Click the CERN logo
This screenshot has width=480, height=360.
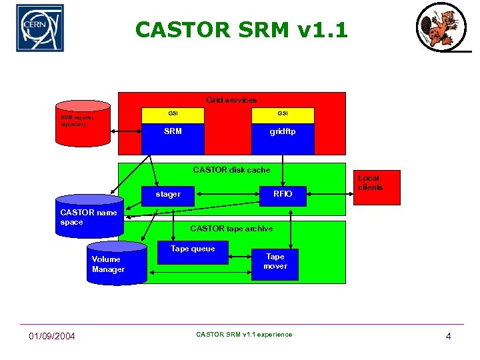click(x=40, y=28)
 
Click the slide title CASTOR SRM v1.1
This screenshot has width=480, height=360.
click(x=241, y=30)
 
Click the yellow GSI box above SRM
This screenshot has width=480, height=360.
click(x=173, y=114)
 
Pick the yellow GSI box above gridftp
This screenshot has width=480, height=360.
click(x=282, y=114)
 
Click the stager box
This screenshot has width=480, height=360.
click(x=168, y=194)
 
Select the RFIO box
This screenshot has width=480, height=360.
click(x=283, y=194)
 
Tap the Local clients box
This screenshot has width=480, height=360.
click(x=376, y=187)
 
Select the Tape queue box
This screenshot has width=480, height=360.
click(x=193, y=253)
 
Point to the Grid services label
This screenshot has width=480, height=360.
click(x=231, y=100)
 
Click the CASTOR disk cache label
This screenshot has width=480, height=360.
click(x=231, y=170)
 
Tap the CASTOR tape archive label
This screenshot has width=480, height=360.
click(x=231, y=229)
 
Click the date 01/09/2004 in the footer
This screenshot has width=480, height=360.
click(x=52, y=335)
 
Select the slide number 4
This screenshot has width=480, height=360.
click(x=448, y=336)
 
